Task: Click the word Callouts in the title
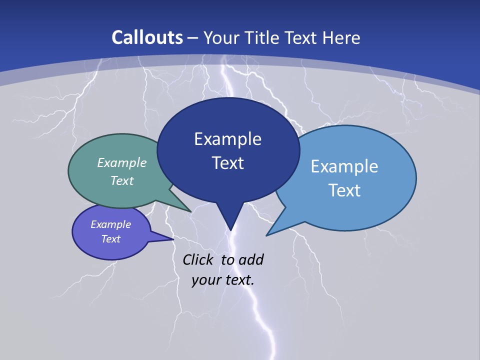point(147,37)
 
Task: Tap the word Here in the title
point(342,37)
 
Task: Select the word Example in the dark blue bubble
point(227,138)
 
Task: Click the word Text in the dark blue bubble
point(228,163)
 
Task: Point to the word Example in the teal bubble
point(122,162)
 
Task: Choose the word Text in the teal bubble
point(122,180)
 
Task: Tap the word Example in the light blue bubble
point(344,166)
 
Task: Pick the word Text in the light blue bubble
point(344,190)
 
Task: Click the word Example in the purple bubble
point(111,224)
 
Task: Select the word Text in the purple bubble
point(111,239)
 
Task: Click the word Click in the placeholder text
point(198,259)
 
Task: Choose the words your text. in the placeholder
point(222,279)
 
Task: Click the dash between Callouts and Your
point(193,38)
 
